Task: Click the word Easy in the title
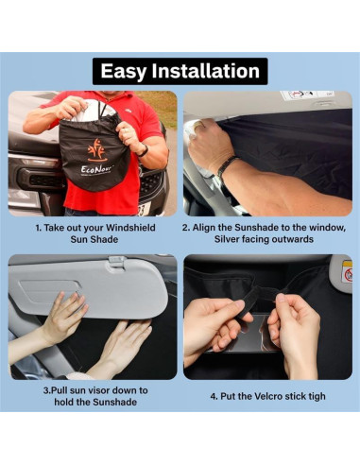coord(123,72)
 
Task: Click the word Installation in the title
coord(206,71)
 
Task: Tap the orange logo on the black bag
coord(97,150)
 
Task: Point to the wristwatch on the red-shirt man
coord(143,151)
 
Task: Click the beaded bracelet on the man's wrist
coord(226,165)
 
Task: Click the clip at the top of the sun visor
coord(117,262)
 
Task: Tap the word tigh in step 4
coord(317,396)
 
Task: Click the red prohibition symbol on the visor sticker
coord(349,276)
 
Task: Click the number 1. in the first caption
coord(39,228)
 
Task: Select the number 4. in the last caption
coord(214,396)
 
